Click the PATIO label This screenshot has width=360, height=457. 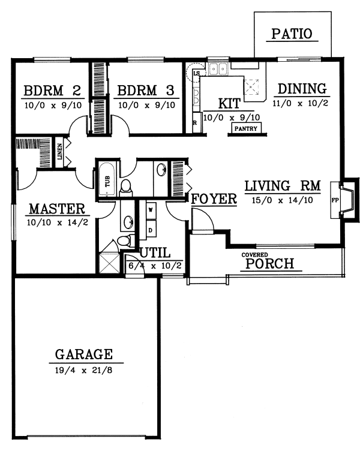tap(292, 34)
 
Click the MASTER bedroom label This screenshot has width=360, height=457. tap(56, 209)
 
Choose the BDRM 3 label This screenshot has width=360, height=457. tap(146, 91)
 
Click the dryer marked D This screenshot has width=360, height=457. tap(150, 228)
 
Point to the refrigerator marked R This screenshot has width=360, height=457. tap(195, 122)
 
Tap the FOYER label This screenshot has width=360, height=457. tap(214, 200)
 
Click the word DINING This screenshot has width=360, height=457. tap(302, 89)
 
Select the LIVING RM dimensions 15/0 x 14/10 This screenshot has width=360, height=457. tap(282, 200)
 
